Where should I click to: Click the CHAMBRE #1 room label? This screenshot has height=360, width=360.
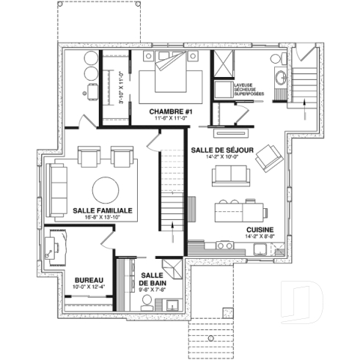170,111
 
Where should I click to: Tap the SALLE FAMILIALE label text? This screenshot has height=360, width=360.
103,210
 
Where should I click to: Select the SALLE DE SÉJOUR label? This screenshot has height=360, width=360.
222,150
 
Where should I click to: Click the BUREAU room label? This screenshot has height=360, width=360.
89,279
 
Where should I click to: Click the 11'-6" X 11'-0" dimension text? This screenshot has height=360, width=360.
170,120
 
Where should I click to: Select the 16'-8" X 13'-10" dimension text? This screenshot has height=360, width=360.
103,218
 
